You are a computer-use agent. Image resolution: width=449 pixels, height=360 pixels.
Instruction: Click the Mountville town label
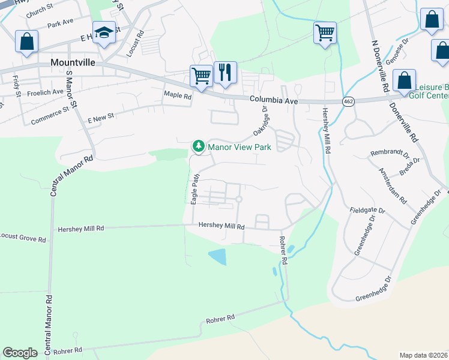(x=74, y=62)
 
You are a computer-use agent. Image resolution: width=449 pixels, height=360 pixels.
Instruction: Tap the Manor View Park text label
(x=240, y=146)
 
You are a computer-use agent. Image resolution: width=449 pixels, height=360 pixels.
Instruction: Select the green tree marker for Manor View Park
(x=197, y=146)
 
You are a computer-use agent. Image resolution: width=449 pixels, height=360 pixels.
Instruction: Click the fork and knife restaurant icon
(x=225, y=73)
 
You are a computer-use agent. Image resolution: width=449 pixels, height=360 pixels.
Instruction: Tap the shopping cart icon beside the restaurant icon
(x=201, y=76)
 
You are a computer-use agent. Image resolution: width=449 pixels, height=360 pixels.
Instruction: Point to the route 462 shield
(x=348, y=102)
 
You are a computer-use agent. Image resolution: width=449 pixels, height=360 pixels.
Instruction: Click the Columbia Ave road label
(x=274, y=100)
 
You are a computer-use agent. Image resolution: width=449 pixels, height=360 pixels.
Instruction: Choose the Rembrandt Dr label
(x=390, y=154)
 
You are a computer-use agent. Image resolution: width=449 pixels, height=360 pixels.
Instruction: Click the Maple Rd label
(x=178, y=95)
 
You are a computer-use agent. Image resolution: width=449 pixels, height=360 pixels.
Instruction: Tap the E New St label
(x=100, y=119)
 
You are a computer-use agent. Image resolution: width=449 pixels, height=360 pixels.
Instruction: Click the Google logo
(x=20, y=353)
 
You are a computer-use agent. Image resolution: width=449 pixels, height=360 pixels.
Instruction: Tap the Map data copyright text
(x=423, y=355)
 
